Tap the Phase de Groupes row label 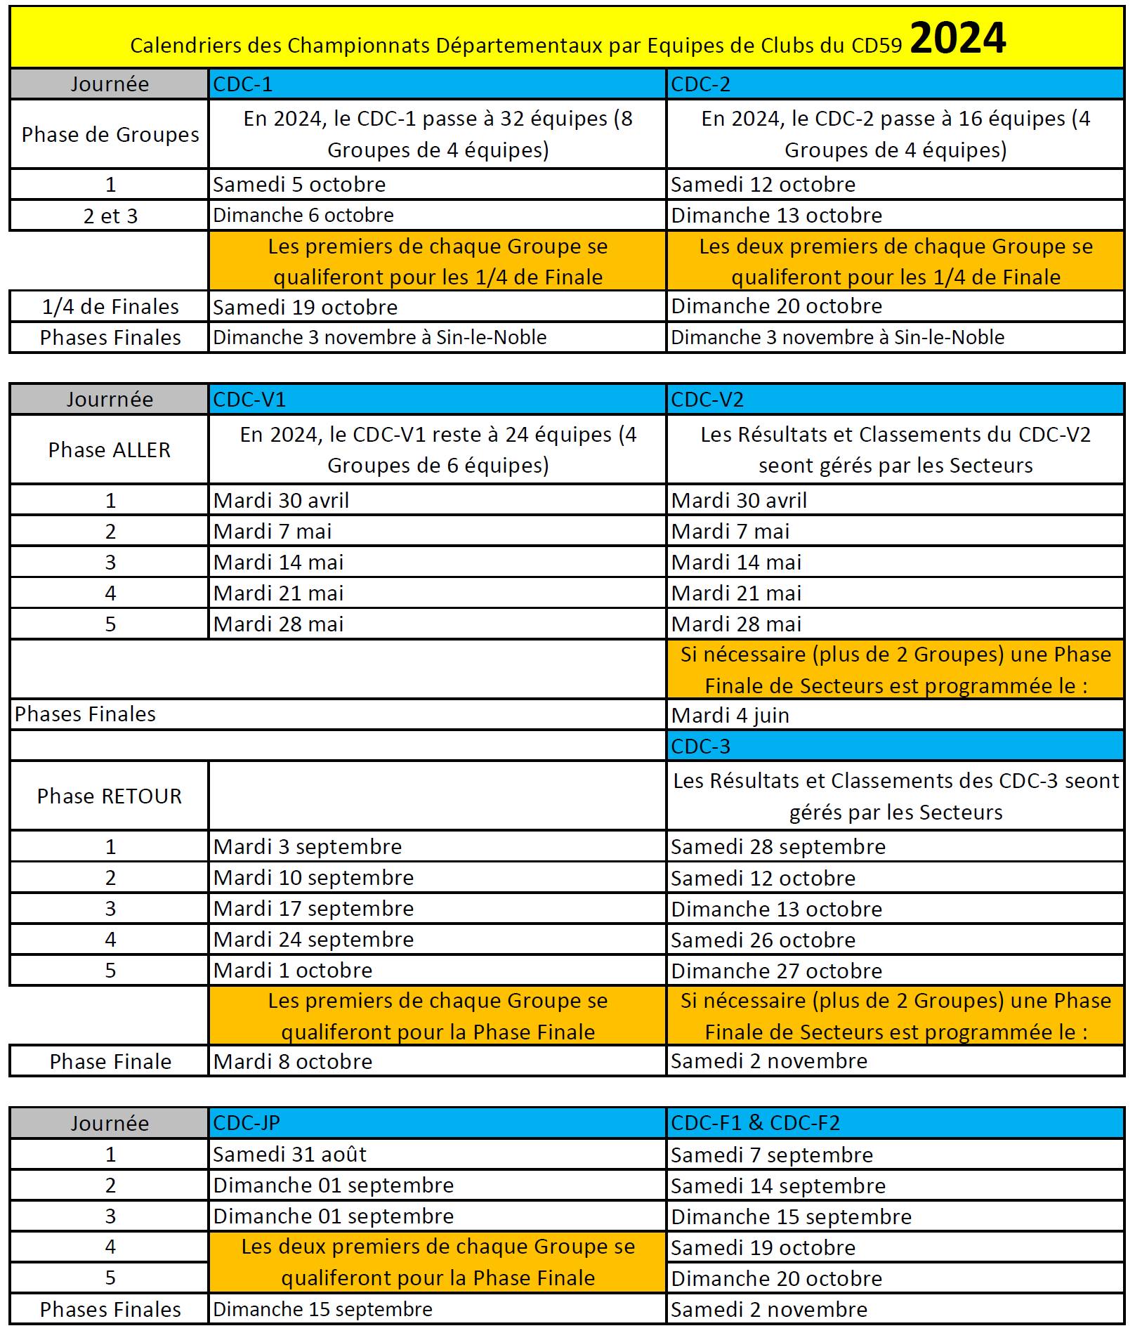110,134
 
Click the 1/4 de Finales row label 110,307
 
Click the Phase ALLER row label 110,449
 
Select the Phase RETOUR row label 110,796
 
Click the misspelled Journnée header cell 110,400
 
